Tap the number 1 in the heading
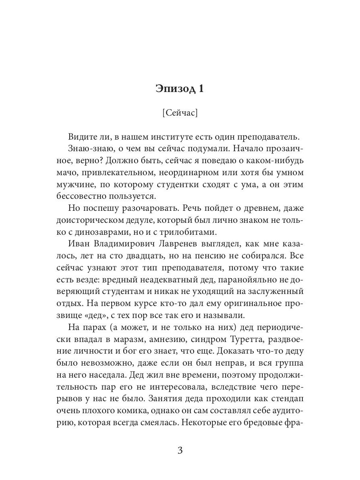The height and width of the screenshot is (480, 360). (200, 88)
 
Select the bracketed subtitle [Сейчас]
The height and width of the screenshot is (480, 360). (180, 113)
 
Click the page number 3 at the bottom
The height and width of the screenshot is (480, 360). (180, 450)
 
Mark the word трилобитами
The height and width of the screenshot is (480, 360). (190, 232)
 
